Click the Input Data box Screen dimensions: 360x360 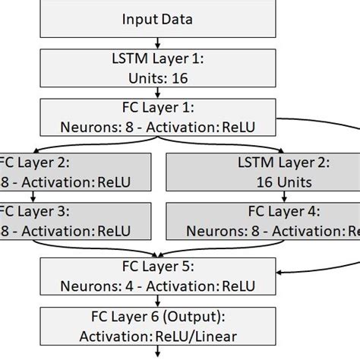157,18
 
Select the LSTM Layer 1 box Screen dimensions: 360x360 157,67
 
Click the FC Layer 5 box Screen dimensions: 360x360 157,276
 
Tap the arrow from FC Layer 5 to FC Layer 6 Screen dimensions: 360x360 157,301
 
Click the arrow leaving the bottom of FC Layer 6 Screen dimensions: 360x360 157,352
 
